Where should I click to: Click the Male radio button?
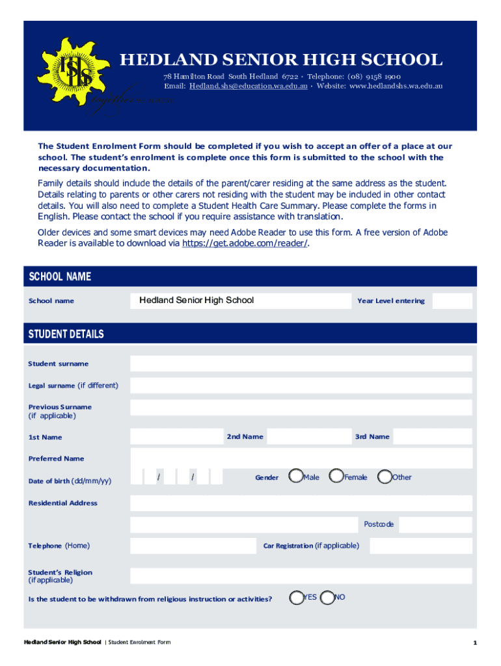296,477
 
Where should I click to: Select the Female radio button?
336,477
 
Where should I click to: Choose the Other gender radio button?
385,477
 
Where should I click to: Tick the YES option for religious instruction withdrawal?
296,597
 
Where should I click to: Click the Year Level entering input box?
452,300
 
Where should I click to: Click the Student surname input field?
301,364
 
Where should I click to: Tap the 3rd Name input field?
433,436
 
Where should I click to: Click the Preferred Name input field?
301,458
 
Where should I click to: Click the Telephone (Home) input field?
193,546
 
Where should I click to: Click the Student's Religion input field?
301,576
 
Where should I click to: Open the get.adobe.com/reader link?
245,243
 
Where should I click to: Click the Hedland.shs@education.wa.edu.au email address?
249,86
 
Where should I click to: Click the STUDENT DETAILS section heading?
66,334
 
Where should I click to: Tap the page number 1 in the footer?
475,643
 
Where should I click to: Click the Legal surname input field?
301,386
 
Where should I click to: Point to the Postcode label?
378,524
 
